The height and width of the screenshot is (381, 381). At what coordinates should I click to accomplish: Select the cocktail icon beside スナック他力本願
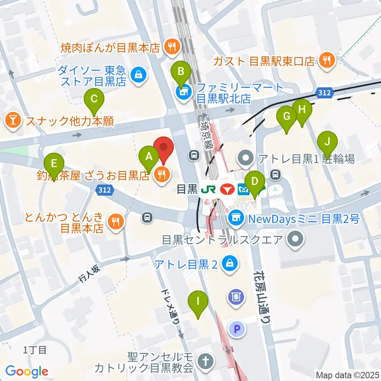[x=13, y=121]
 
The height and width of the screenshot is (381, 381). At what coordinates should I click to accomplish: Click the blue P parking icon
[x=237, y=328]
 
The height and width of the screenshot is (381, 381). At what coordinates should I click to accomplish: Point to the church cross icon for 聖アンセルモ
[x=206, y=362]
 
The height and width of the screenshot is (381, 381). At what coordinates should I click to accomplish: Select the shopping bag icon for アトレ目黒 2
[x=230, y=264]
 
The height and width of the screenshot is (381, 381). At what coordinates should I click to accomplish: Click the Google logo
[x=27, y=371]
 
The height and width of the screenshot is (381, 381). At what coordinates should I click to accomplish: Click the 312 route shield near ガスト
[x=324, y=92]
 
